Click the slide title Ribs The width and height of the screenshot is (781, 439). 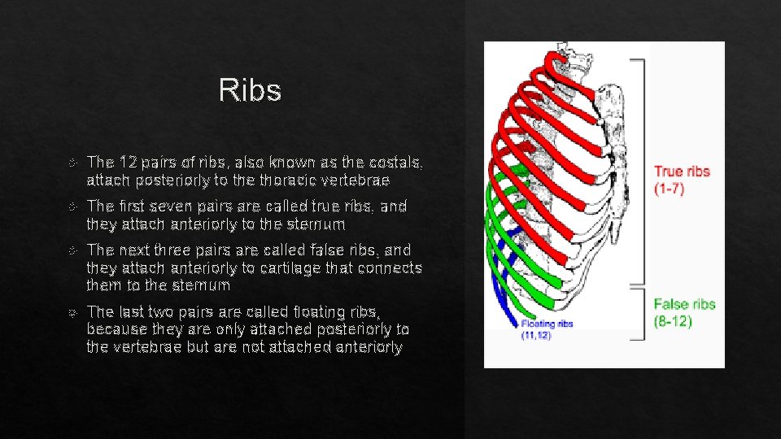(250, 91)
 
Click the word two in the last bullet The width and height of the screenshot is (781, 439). (156, 311)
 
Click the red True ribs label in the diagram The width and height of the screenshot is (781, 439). (682, 172)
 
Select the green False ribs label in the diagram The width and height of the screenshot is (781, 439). (684, 304)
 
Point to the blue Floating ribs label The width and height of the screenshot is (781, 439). (547, 324)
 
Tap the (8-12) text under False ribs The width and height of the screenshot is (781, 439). (673, 321)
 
